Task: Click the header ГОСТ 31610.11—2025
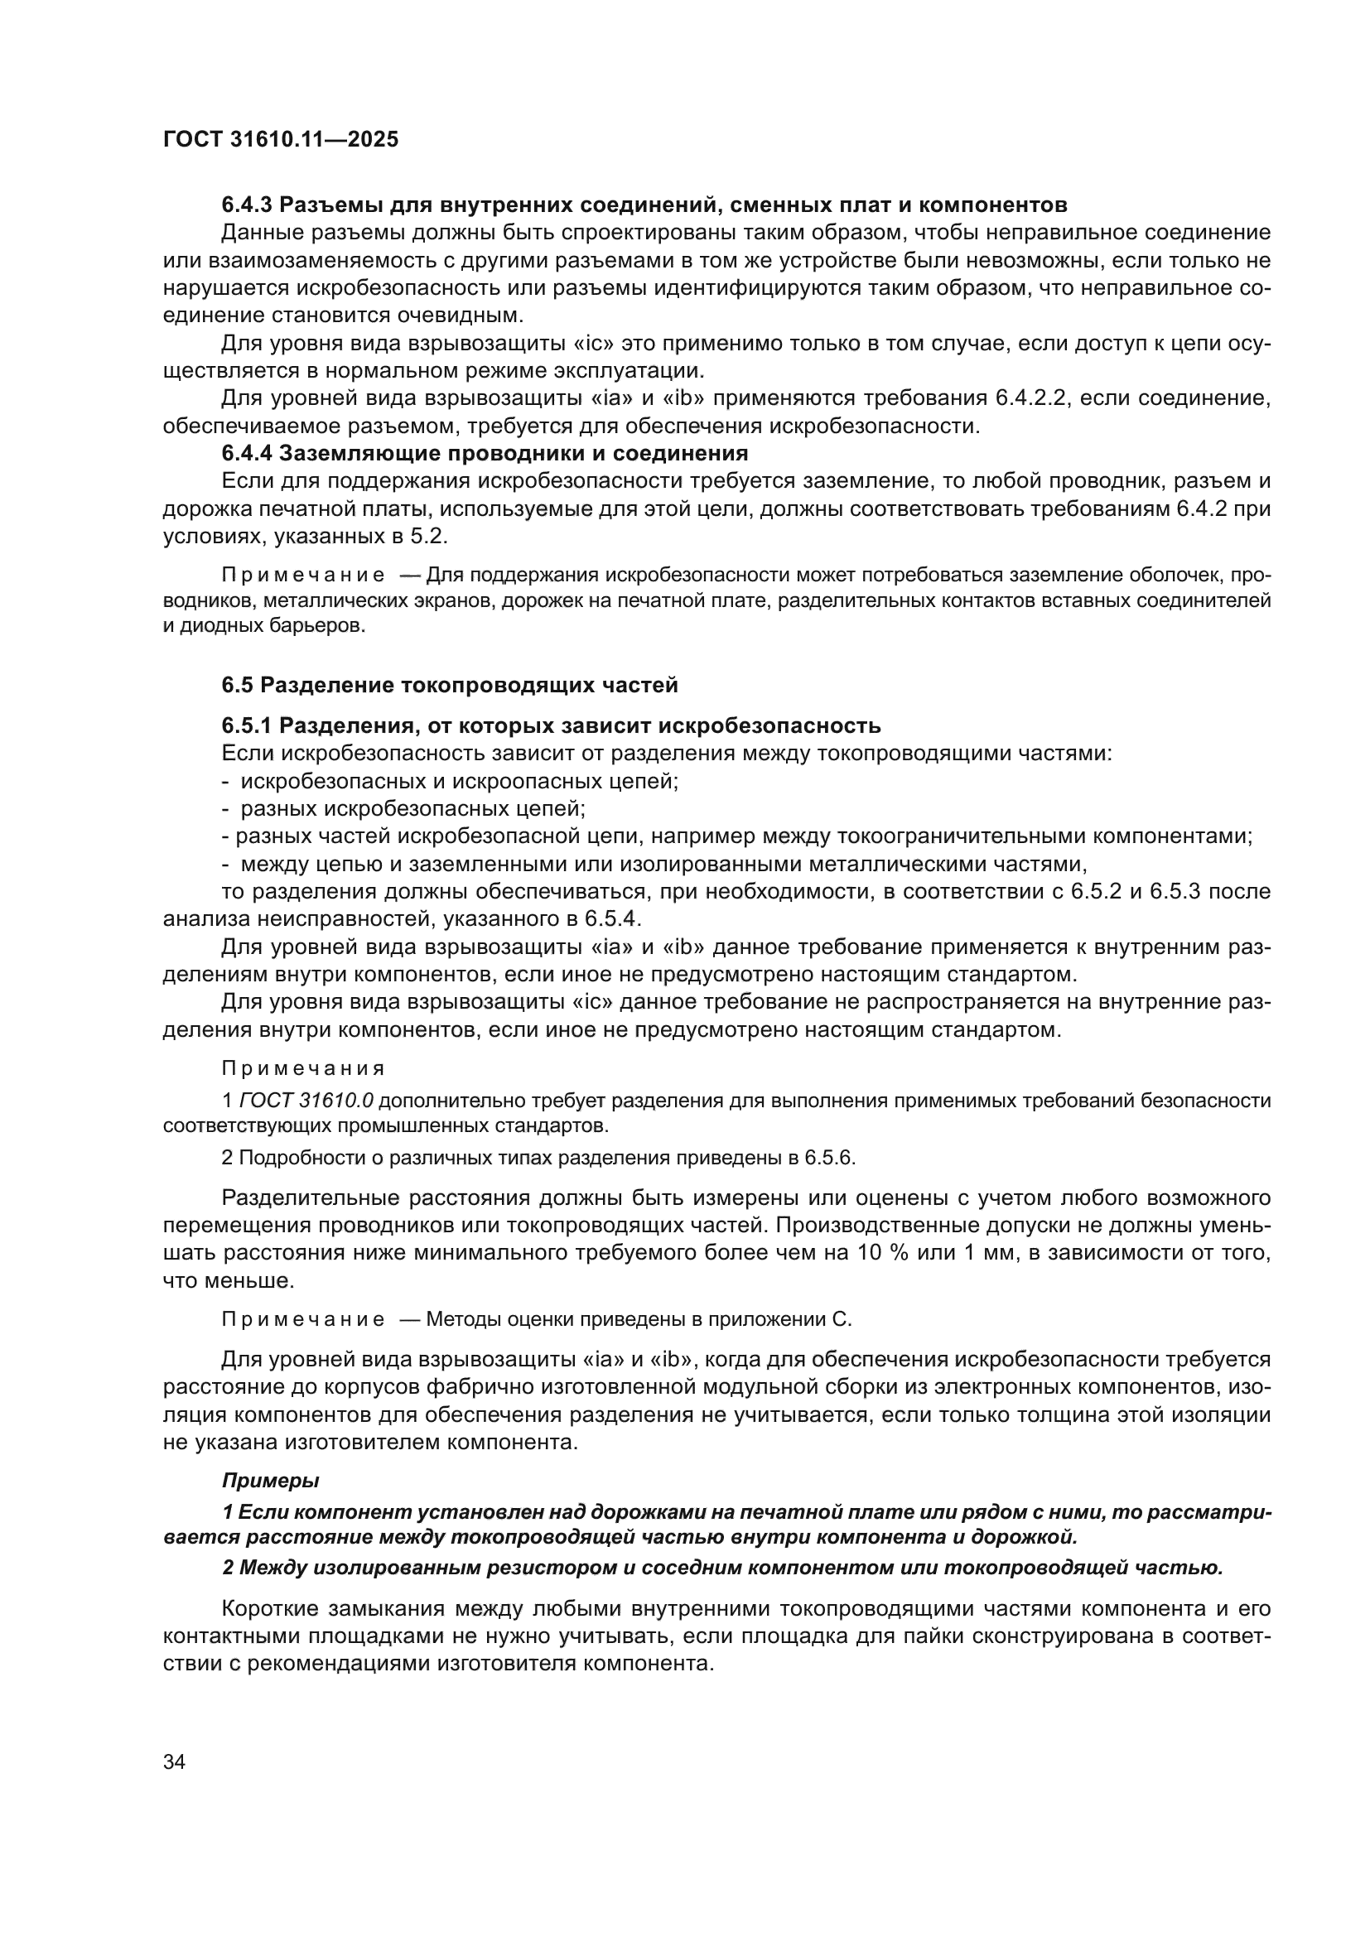coord(280,140)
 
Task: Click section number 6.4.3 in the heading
coord(246,205)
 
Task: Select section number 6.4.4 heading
coord(246,454)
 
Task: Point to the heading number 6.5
coord(237,685)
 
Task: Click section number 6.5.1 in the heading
coord(246,725)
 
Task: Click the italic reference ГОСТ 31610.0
coord(307,1100)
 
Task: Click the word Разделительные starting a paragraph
coord(308,1198)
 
